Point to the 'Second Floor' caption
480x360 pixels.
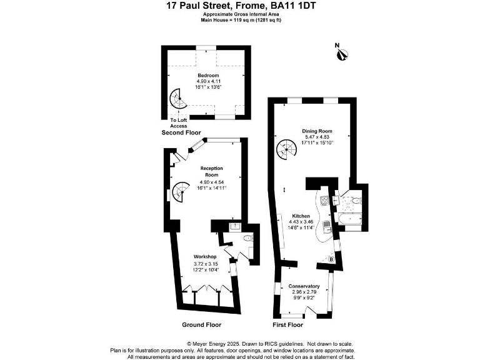point(181,133)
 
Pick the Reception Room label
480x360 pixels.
point(211,172)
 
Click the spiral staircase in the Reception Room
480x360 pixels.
point(181,191)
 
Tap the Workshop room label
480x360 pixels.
point(204,257)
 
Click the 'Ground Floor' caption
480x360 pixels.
point(201,325)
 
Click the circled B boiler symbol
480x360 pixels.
point(331,259)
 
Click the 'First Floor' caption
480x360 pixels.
point(288,325)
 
